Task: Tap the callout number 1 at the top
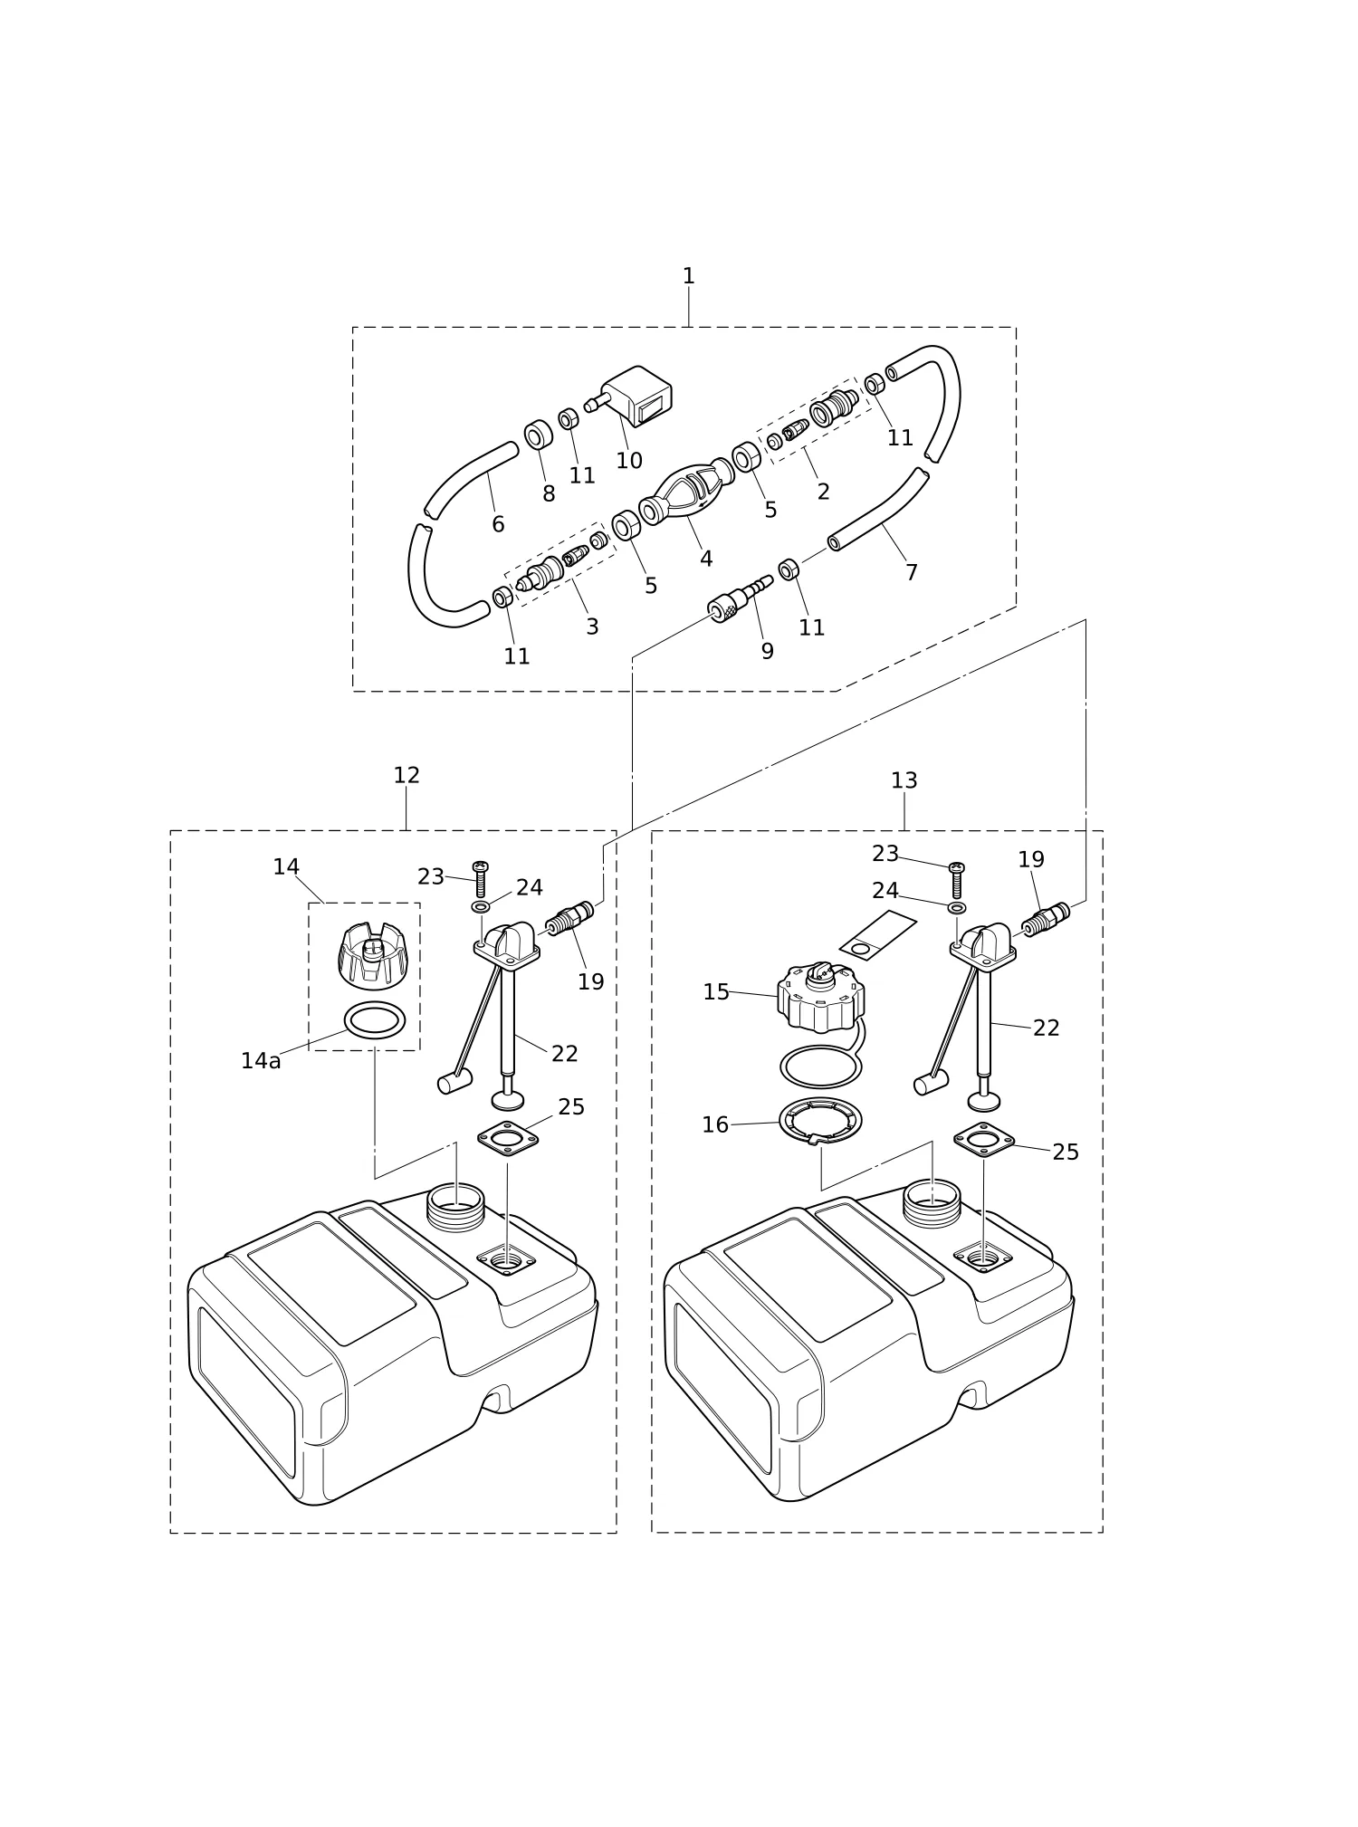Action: pos(688,276)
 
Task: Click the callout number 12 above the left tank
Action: pos(406,775)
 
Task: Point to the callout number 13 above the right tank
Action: pos(904,780)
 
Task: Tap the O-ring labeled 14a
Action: pos(375,1021)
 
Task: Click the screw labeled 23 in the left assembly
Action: pos(481,879)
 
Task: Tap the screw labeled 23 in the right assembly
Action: pos(956,880)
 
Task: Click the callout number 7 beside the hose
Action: pos(912,572)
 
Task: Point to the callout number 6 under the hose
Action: pos(498,524)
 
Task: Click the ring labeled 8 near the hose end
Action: pos(539,435)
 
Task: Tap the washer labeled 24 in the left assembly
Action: pos(481,906)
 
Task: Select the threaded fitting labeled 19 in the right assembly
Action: pos(1046,921)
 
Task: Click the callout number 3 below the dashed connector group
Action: pos(592,627)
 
